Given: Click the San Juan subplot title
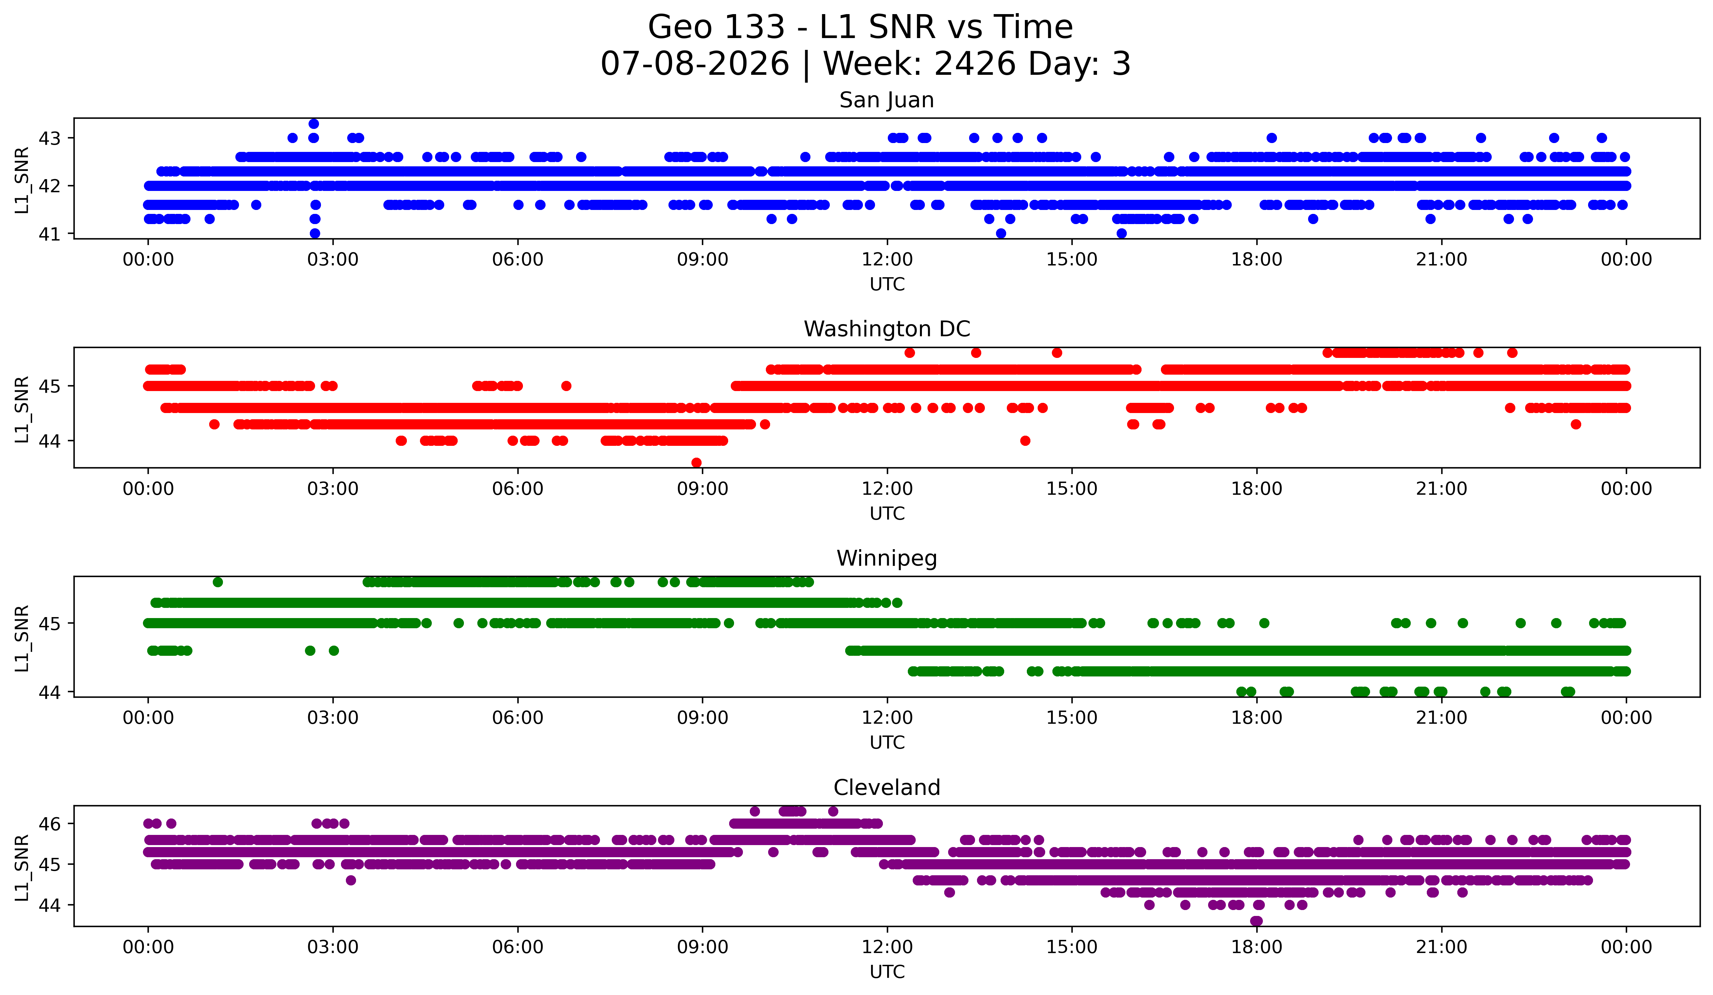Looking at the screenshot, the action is coord(886,100).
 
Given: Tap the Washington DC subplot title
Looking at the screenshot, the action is coord(886,329).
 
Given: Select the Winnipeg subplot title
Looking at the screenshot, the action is coord(886,558).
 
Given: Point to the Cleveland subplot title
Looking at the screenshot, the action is coord(886,788).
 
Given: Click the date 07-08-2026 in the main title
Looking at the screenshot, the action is coord(695,64).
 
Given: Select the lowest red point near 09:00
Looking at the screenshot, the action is coord(696,463).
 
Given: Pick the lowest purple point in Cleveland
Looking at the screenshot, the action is coord(1256,921).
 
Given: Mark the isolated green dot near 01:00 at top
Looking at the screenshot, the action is coord(217,582).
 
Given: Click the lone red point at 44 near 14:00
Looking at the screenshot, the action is coord(1025,441).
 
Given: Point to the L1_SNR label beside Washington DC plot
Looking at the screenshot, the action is coord(22,409).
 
